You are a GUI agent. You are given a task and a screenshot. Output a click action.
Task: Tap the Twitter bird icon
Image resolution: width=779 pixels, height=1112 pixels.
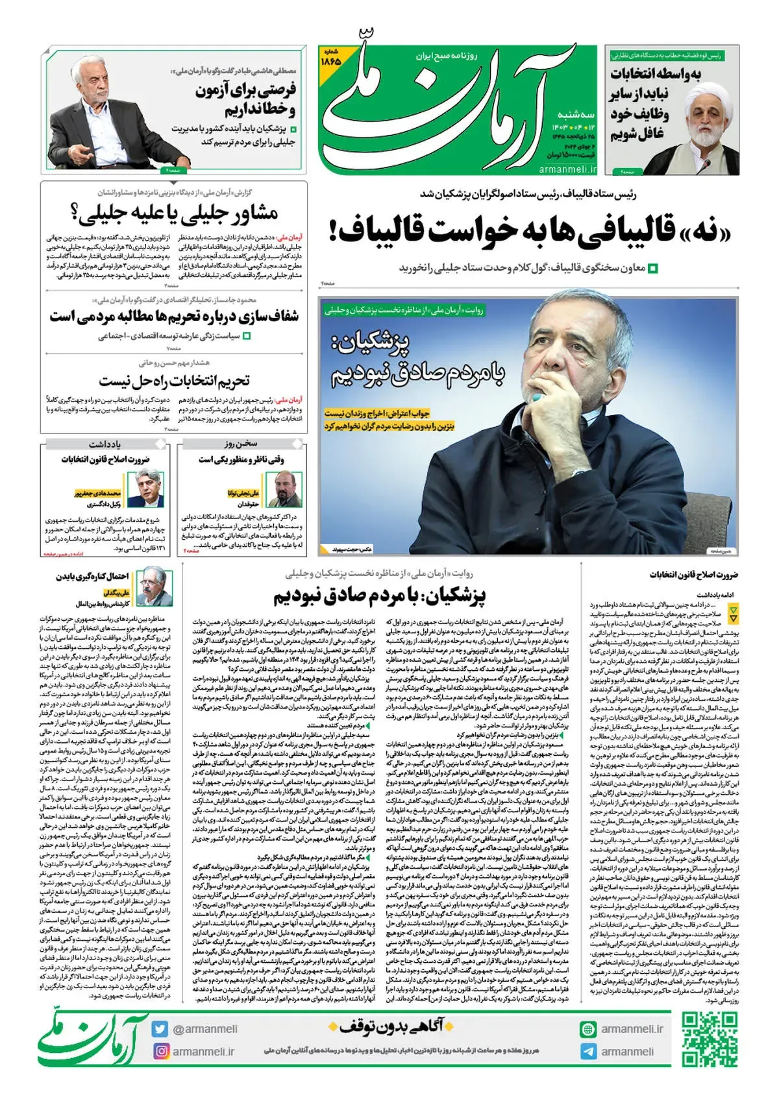tap(160, 1029)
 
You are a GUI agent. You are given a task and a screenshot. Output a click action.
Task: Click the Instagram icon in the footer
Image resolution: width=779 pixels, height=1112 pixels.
tap(160, 1051)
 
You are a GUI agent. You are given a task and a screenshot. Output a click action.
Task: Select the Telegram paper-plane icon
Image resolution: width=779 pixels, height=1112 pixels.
tap(589, 1052)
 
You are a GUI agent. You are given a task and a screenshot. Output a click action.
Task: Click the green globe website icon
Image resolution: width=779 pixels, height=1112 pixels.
tap(589, 1029)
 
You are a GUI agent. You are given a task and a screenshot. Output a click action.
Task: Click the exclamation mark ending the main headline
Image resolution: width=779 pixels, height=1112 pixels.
tap(333, 232)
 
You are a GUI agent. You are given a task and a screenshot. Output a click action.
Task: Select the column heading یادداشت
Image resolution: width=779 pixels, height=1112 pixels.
tap(105, 444)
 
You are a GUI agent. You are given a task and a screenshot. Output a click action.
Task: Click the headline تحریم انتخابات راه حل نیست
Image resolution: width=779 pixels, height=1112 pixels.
tap(174, 381)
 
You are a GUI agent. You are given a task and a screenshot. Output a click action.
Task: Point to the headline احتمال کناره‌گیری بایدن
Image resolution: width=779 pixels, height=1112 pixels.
tap(92, 576)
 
